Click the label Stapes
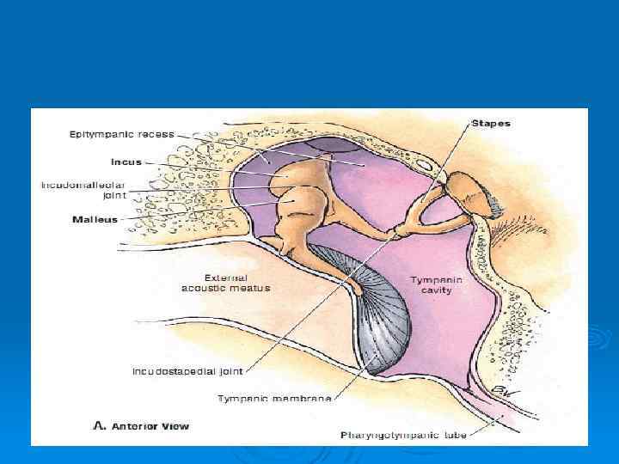(491, 123)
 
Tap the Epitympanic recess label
(122, 134)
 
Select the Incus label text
(126, 161)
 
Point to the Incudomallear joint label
(83, 190)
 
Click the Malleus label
(95, 220)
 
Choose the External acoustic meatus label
(225, 283)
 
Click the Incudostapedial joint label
(187, 372)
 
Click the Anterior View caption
(150, 426)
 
